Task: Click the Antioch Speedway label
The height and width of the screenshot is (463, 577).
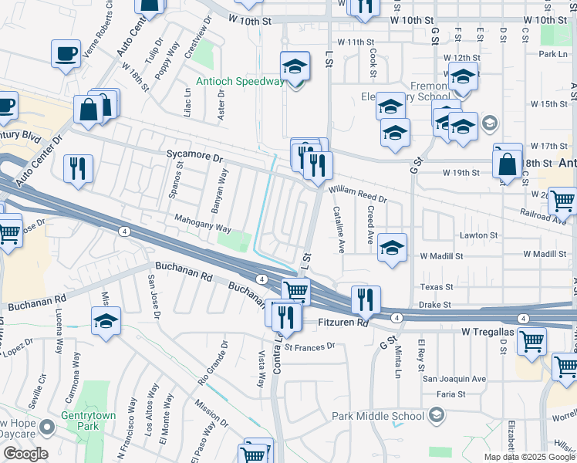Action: (x=240, y=81)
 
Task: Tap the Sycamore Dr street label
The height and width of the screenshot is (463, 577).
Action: (x=194, y=157)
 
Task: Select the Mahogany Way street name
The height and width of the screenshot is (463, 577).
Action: (x=202, y=228)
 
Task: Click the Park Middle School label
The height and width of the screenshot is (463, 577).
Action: (x=378, y=416)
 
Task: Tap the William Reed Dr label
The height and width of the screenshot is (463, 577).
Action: (x=356, y=194)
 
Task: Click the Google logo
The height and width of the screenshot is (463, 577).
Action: (x=25, y=454)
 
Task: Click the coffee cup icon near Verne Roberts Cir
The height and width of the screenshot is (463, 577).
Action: (x=66, y=54)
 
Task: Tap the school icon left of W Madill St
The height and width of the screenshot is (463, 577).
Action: (x=393, y=248)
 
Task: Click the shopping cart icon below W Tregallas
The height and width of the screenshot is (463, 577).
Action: (x=531, y=341)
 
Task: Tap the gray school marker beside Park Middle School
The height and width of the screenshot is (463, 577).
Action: (x=436, y=416)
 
